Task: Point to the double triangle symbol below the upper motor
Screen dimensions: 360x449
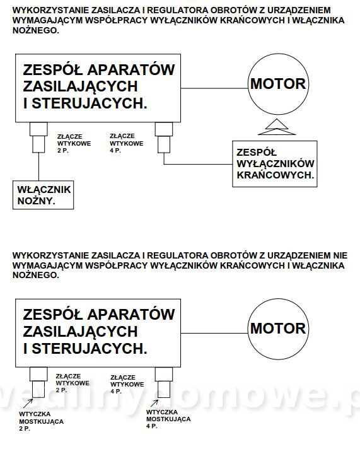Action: [277, 127]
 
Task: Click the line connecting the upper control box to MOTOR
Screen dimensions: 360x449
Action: [214, 88]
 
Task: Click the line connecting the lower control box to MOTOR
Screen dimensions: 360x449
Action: [214, 334]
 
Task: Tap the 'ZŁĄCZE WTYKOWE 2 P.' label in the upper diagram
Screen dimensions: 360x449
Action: [74, 143]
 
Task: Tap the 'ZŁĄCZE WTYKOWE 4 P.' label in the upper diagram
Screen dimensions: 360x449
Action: [126, 143]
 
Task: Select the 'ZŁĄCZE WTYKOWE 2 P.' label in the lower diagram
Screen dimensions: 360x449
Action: [73, 383]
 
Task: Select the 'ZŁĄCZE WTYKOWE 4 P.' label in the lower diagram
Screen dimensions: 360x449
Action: [127, 384]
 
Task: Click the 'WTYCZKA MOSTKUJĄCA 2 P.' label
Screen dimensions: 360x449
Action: [41, 421]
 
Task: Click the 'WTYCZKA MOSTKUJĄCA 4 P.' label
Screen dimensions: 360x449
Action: [168, 419]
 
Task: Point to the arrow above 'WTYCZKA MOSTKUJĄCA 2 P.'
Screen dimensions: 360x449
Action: [28, 403]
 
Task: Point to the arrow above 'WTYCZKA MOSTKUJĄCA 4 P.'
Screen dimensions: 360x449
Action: [154, 403]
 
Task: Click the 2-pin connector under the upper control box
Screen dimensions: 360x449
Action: [38, 137]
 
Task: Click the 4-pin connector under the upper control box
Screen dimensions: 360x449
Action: [164, 137]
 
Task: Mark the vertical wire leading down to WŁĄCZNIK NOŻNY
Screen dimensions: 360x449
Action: [38, 166]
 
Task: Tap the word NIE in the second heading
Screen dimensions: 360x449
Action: [340, 255]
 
